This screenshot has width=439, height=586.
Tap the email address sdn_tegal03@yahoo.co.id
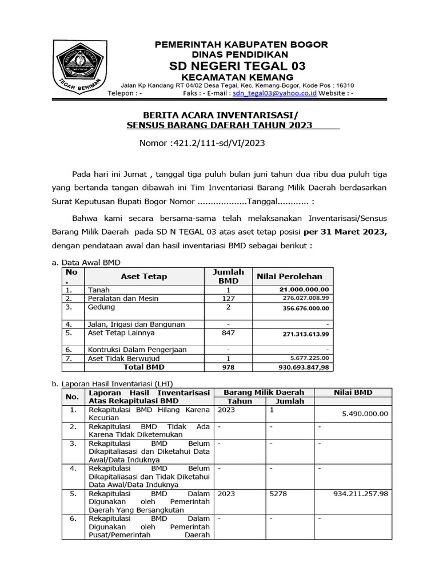274,93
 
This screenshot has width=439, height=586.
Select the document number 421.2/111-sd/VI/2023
218,143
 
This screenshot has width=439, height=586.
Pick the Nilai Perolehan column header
293,276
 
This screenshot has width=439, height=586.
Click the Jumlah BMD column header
228,276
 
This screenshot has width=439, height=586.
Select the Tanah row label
98,290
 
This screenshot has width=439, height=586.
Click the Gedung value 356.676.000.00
306,308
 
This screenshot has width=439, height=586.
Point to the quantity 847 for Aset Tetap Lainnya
228,332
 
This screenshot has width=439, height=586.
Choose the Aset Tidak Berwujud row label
122,358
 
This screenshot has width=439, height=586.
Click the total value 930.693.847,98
304,367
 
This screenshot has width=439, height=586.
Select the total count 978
228,367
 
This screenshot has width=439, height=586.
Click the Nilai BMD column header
353,393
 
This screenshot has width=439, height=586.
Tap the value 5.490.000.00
365,414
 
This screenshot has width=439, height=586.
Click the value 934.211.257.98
361,493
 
